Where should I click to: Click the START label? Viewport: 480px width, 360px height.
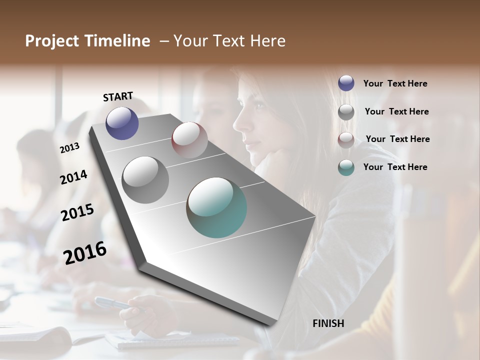(x=118, y=96)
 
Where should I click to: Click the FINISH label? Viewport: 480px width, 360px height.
(x=328, y=323)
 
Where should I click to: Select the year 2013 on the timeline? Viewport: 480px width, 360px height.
(x=70, y=147)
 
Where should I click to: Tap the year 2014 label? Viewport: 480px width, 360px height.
(x=73, y=177)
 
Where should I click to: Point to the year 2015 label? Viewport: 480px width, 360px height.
(x=77, y=212)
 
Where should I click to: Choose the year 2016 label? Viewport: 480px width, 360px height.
(x=85, y=252)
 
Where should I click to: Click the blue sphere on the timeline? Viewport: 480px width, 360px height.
(x=122, y=123)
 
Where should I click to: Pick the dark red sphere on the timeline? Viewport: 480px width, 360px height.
(x=189, y=140)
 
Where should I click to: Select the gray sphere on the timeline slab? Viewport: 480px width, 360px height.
(x=145, y=179)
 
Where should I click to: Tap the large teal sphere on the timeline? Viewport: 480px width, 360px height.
(x=216, y=207)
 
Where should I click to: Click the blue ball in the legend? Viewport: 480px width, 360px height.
(x=346, y=83)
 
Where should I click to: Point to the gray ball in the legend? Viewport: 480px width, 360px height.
(x=346, y=111)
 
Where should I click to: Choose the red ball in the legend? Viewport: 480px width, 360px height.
(x=346, y=139)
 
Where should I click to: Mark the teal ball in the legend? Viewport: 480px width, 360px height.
(x=346, y=167)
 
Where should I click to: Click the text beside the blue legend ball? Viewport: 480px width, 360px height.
(x=395, y=83)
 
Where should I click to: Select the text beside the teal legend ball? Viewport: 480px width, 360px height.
(x=395, y=167)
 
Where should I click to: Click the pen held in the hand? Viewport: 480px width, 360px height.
(x=110, y=303)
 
